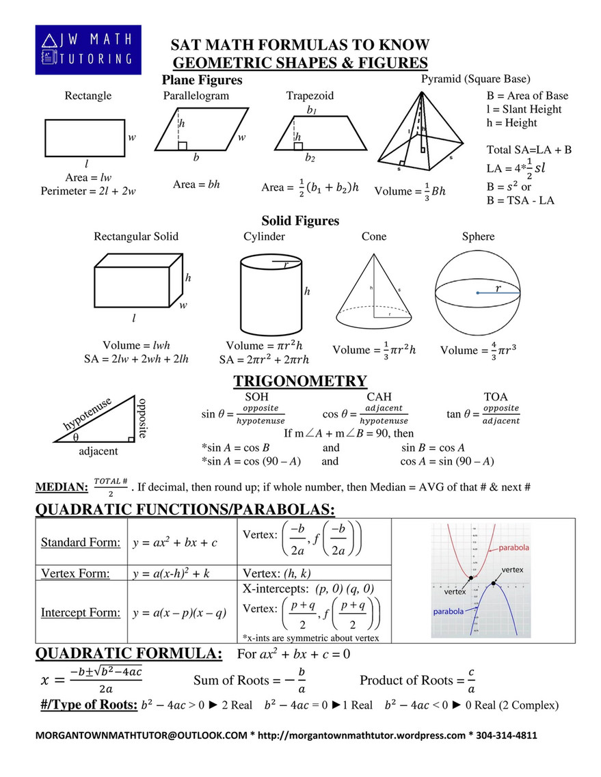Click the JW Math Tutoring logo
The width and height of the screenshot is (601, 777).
(x=88, y=50)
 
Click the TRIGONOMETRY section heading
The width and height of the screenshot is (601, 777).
(x=300, y=381)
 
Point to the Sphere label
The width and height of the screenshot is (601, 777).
(x=478, y=236)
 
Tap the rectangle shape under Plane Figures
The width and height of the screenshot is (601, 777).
(x=85, y=138)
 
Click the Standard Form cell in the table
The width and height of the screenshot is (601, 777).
(x=81, y=543)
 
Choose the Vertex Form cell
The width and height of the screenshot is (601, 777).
(x=75, y=573)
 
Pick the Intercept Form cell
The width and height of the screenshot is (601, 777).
(x=80, y=612)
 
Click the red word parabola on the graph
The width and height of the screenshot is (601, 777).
(x=513, y=548)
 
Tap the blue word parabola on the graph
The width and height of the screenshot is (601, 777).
(x=449, y=610)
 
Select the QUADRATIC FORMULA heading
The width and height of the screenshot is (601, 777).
(x=129, y=654)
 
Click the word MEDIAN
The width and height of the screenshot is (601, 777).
(x=62, y=487)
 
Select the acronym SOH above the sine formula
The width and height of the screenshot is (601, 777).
(x=256, y=396)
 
